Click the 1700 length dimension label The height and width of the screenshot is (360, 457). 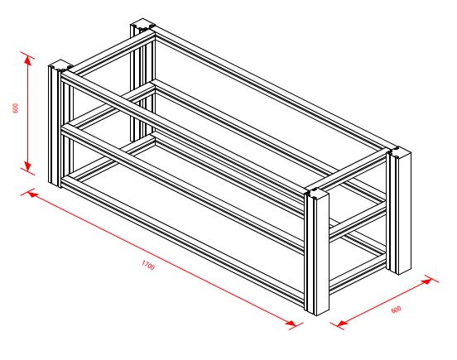[x=148, y=265]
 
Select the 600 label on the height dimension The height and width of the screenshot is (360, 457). [x=16, y=108]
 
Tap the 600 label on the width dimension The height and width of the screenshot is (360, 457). [x=396, y=310]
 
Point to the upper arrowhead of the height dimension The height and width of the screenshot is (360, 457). [x=27, y=60]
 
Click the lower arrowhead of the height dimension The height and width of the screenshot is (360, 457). [x=27, y=166]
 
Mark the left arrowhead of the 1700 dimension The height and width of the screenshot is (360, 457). [x=33, y=194]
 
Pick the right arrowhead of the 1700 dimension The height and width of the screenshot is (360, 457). [x=291, y=323]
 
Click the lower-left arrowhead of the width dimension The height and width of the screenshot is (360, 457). [x=341, y=323]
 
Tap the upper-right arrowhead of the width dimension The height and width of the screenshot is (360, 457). [x=427, y=281]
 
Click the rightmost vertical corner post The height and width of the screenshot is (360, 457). [x=399, y=210]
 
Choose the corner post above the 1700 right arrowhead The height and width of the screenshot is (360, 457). [x=316, y=252]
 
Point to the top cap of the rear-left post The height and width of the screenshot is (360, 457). [x=142, y=24]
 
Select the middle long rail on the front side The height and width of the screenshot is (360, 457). [x=183, y=190]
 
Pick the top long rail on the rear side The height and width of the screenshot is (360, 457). [x=271, y=88]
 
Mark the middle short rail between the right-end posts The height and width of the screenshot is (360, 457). [x=358, y=221]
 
